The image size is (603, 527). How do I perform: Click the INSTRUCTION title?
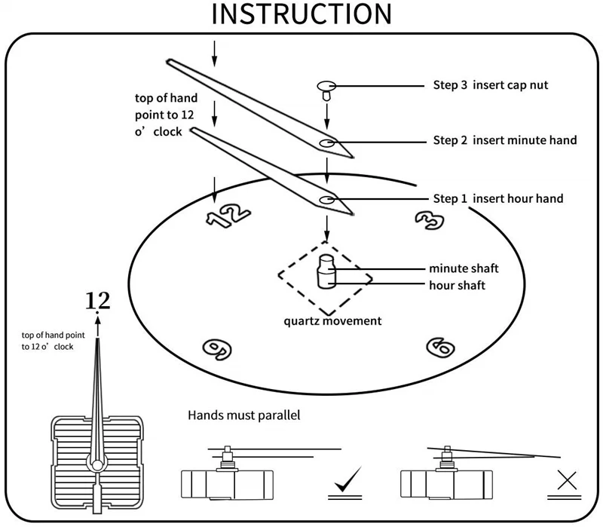(301, 15)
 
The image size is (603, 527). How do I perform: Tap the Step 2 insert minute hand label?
(505, 140)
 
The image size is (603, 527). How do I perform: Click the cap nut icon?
(326, 89)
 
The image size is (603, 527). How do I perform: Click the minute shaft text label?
(464, 268)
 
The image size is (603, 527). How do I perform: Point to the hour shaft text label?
(458, 286)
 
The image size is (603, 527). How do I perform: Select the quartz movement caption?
(332, 321)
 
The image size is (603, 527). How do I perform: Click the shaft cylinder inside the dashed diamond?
(326, 271)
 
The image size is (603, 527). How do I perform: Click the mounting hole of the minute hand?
(327, 142)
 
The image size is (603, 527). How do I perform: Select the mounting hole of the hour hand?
(327, 200)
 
